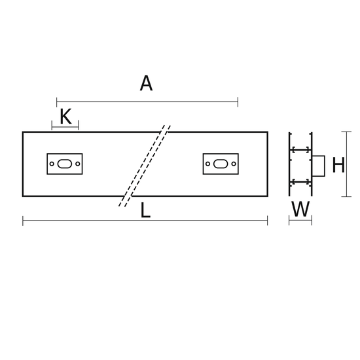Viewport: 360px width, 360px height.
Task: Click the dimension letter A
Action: [x=146, y=83]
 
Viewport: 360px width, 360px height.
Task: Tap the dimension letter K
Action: [x=65, y=117]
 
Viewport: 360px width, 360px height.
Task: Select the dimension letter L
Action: [x=145, y=210]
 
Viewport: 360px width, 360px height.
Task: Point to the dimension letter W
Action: [x=300, y=209]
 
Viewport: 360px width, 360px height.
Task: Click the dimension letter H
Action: [x=338, y=164]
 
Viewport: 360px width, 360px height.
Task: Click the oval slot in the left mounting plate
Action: [x=65, y=164]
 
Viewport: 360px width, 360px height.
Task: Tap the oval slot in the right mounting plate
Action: [x=221, y=164]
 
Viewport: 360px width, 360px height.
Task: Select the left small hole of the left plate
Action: [x=52, y=164]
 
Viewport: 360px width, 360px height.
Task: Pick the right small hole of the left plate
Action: [x=78, y=164]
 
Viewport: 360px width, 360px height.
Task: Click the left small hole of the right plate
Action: [x=207, y=164]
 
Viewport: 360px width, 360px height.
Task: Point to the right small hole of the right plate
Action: [x=234, y=164]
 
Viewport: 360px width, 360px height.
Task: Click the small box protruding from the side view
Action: [x=319, y=166]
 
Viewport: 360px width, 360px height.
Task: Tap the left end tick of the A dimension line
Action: [x=57, y=102]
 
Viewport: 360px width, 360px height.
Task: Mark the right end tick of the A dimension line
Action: [x=238, y=102]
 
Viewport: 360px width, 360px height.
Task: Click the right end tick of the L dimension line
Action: [x=268, y=221]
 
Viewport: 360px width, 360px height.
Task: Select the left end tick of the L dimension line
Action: [x=23, y=221]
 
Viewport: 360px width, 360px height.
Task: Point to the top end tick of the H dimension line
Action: [x=346, y=132]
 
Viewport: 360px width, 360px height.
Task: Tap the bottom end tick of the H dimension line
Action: [x=346, y=196]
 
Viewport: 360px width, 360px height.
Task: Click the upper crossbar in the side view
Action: [x=300, y=150]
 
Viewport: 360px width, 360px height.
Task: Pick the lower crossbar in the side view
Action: [x=300, y=182]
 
